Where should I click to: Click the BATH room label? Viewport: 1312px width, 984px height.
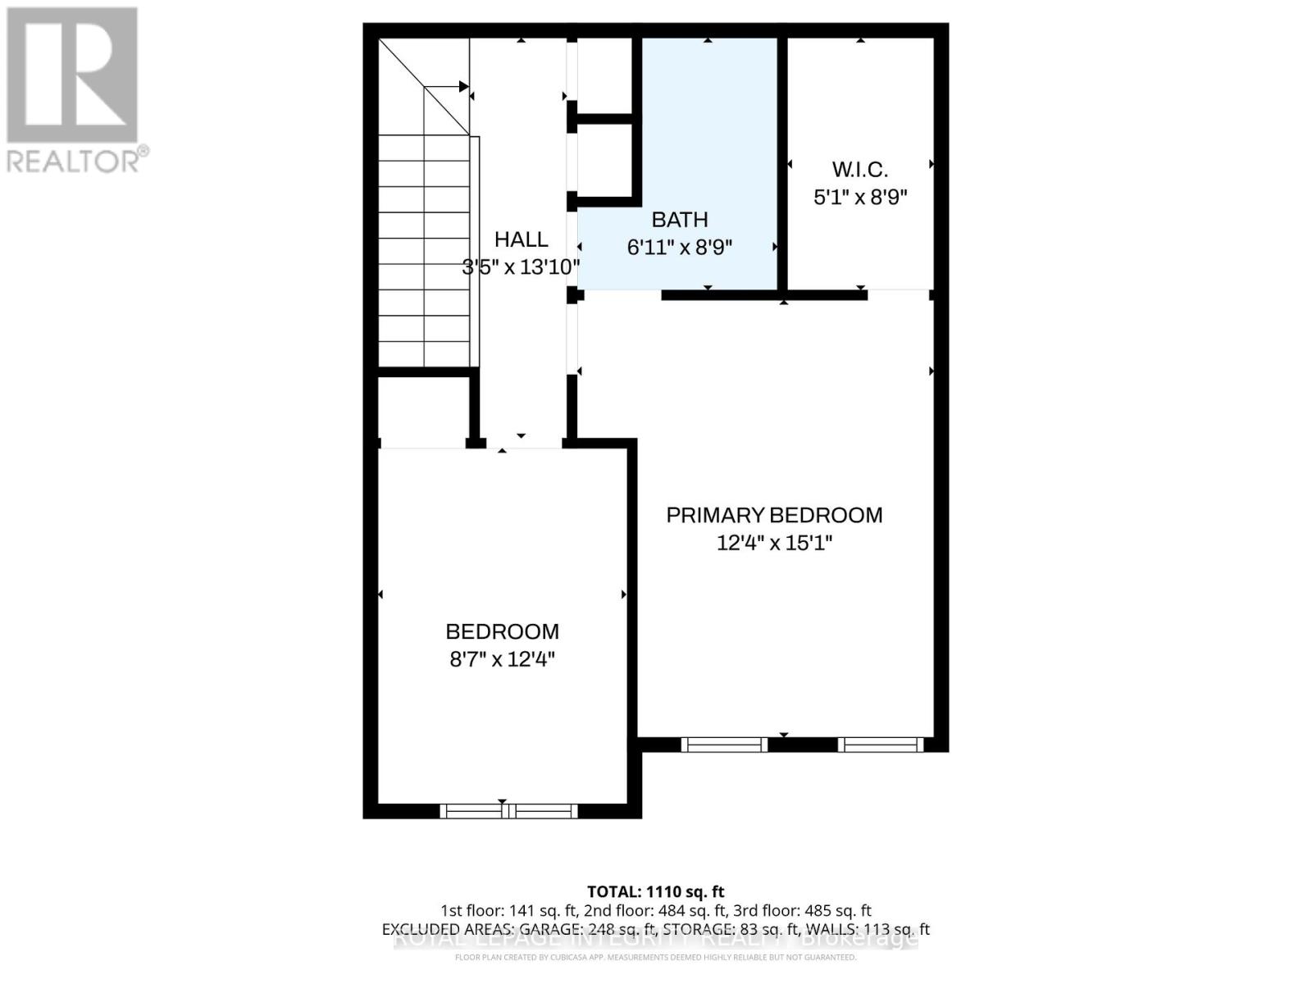(x=679, y=220)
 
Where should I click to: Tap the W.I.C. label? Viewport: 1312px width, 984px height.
(x=859, y=170)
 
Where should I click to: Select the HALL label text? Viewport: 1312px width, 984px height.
(x=521, y=239)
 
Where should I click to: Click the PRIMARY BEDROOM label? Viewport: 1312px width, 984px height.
(x=774, y=515)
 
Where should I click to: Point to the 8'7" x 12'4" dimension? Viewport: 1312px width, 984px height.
(x=502, y=659)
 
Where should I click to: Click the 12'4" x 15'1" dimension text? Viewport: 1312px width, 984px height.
(x=774, y=543)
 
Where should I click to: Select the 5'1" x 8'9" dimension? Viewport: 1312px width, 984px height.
(x=859, y=198)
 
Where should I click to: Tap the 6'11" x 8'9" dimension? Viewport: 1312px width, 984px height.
(x=679, y=247)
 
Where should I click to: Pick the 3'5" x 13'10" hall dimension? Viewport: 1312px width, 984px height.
(x=521, y=266)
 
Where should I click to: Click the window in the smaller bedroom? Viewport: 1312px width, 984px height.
(x=508, y=811)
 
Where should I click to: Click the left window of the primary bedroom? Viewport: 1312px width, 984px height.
(x=724, y=745)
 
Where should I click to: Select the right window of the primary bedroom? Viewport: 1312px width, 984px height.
(x=881, y=745)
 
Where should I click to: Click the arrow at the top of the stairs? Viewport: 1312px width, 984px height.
(x=462, y=86)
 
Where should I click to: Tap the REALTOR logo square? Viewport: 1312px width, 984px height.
(x=72, y=75)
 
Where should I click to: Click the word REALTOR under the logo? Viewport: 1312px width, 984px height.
(x=77, y=160)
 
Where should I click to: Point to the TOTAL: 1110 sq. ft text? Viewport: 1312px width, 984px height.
(x=655, y=891)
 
